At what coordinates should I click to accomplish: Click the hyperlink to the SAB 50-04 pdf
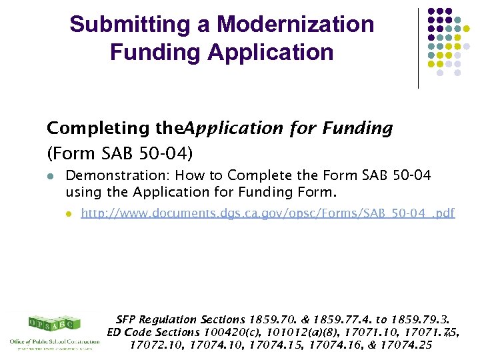[267, 213]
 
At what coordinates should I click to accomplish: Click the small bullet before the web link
[68, 214]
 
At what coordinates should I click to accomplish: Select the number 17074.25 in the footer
[407, 345]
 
